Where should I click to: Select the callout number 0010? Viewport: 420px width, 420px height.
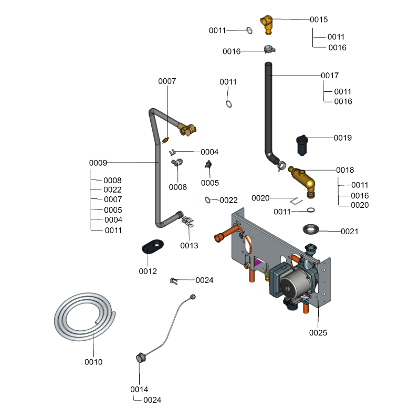pos(93,362)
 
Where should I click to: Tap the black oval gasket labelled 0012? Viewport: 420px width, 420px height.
pos(152,245)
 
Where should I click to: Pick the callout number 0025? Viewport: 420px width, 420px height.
pos(318,332)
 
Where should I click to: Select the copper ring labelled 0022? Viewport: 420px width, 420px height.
pos(208,199)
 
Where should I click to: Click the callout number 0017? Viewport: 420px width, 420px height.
pos(330,76)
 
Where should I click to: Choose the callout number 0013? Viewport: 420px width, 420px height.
pos(189,245)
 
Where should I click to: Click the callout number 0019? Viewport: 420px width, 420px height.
pos(343,138)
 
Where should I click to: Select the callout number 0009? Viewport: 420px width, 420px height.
pos(98,163)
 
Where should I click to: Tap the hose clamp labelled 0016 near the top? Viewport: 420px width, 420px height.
pos(269,50)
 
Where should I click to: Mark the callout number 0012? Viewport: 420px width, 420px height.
pos(148,271)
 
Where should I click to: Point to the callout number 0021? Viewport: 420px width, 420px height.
pos(350,231)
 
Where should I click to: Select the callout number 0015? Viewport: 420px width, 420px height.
pos(319,19)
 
